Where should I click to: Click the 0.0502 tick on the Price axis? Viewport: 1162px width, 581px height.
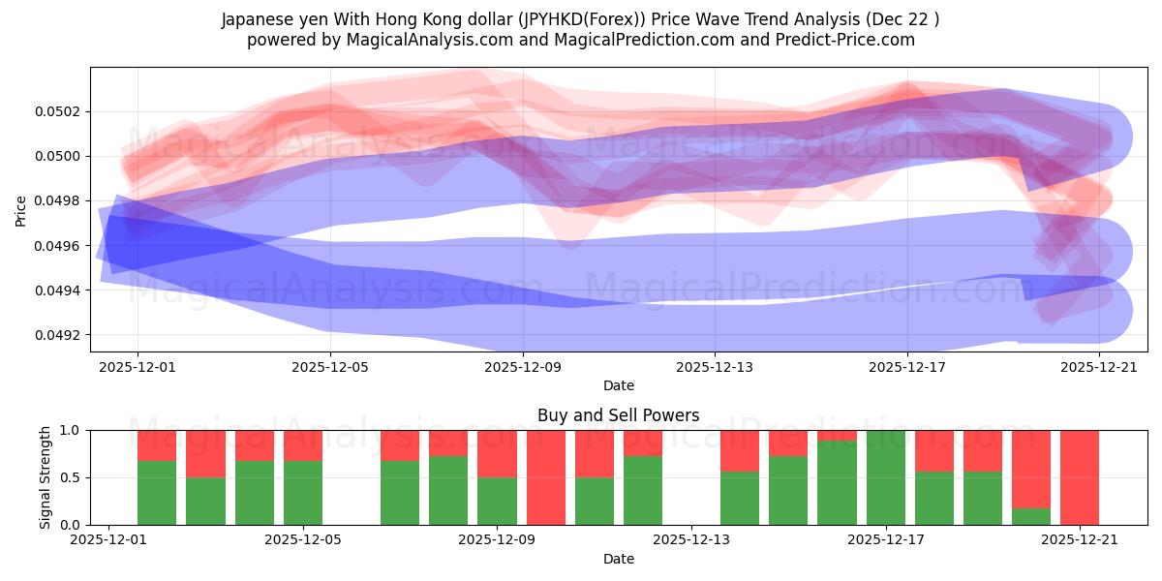pos(59,111)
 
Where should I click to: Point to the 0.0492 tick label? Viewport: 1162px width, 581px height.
pos(59,335)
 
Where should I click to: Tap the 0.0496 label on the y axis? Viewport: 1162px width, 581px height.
pos(59,246)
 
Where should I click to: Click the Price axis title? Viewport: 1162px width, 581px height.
pos(21,209)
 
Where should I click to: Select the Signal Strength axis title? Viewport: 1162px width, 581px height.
pos(46,477)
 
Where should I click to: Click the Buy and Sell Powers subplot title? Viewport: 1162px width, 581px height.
pos(619,415)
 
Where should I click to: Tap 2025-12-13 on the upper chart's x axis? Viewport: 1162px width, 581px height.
pos(715,368)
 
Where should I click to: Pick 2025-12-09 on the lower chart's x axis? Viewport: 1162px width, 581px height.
pos(497,541)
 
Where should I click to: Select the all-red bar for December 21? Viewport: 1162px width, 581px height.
pos(1080,477)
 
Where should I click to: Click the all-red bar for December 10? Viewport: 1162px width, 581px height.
pos(546,477)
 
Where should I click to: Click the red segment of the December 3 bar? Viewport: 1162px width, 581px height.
pos(205,453)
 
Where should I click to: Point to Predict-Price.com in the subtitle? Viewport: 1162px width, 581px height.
pos(850,40)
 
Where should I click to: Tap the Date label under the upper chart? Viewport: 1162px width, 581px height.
pos(619,385)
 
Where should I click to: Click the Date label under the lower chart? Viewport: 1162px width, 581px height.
pos(619,559)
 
